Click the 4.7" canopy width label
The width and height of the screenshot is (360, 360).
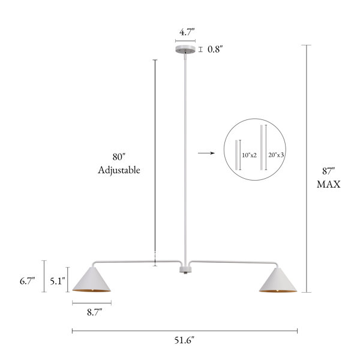tap(187, 32)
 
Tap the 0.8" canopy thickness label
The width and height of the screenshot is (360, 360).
tap(215, 49)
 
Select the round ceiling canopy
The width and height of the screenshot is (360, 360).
tap(185, 49)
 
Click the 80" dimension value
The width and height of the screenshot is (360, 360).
tap(119, 157)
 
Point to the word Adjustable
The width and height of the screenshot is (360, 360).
tap(119, 170)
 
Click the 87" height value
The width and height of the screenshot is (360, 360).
tap(329, 171)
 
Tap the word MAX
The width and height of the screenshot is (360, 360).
tap(329, 184)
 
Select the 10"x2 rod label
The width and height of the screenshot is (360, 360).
tap(250, 155)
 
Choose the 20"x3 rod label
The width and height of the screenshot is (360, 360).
tap(276, 155)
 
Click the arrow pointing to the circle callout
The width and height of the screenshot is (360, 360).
tap(206, 153)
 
